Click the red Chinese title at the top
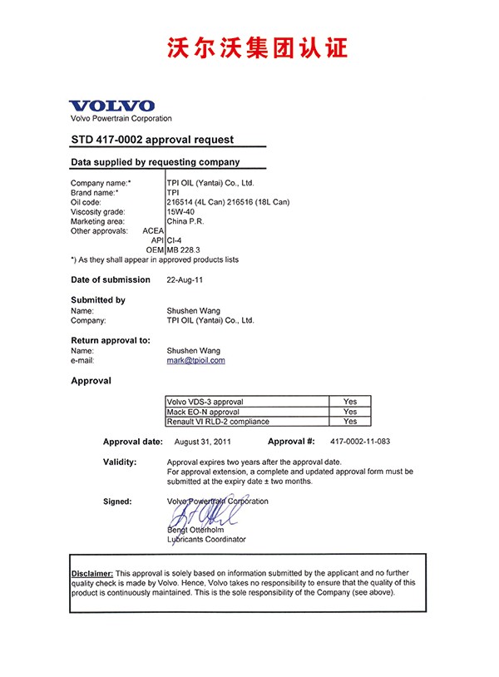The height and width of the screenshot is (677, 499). (x=250, y=47)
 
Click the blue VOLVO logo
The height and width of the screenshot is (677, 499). (x=112, y=106)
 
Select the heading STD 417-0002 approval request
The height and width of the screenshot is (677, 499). (x=152, y=140)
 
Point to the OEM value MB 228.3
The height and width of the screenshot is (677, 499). (x=184, y=250)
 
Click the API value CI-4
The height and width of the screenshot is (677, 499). (x=175, y=240)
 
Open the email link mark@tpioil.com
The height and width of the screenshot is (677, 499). (x=196, y=361)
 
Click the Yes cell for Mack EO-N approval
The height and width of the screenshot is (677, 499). (x=350, y=412)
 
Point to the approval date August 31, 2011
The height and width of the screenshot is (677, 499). (x=203, y=442)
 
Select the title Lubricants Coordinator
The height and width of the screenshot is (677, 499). (x=206, y=539)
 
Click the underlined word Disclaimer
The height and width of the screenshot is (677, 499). (x=91, y=574)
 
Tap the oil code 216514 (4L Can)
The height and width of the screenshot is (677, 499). (x=197, y=202)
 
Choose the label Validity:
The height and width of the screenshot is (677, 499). (x=120, y=462)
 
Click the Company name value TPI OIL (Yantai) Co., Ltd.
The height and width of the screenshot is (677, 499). (x=210, y=183)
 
